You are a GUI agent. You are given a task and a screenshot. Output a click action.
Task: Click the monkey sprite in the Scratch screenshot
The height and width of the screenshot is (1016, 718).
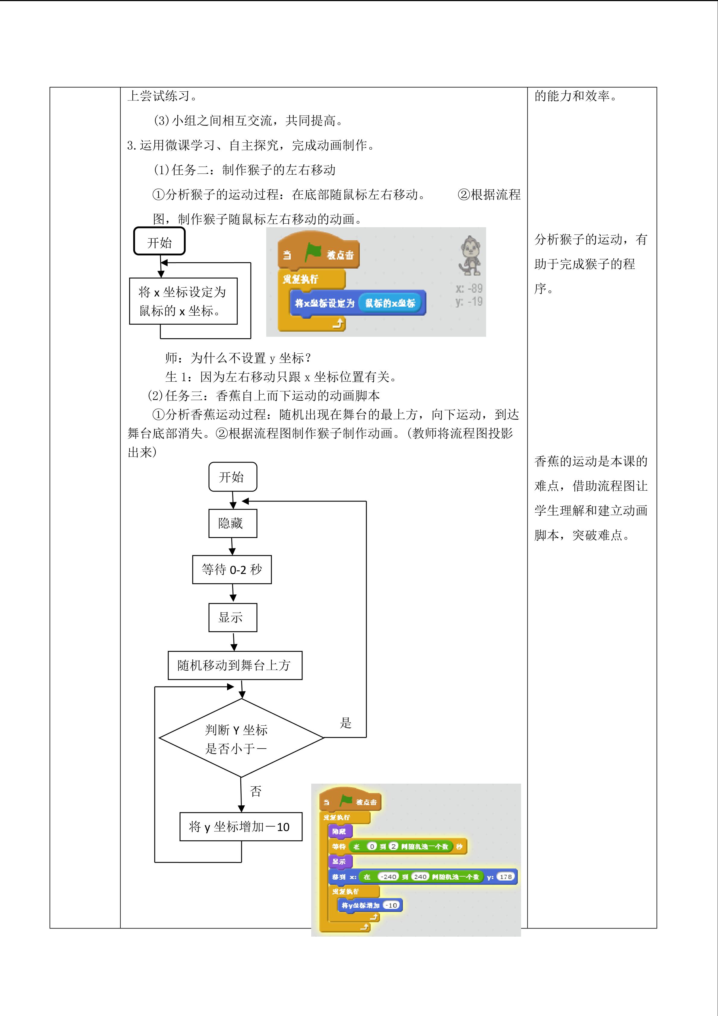tap(470, 255)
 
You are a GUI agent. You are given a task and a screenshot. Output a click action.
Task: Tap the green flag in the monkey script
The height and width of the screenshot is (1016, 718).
tap(313, 253)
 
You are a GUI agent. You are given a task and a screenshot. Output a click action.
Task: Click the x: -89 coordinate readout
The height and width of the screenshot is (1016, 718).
tap(469, 288)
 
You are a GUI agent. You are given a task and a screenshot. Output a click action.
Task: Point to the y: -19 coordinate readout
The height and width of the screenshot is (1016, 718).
tap(469, 302)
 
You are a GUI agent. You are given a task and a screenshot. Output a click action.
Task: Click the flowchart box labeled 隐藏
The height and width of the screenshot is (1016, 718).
tap(232, 524)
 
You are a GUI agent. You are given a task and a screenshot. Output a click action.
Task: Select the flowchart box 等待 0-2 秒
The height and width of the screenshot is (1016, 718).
tap(232, 569)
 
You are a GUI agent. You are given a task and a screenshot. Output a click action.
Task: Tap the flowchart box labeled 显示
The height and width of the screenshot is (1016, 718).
tap(232, 617)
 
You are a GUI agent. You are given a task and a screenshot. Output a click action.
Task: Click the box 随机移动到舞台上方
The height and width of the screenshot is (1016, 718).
tap(235, 665)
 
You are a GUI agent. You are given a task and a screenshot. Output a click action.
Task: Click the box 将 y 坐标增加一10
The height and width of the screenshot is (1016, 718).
tap(241, 826)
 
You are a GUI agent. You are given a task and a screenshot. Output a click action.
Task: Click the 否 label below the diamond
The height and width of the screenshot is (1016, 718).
tap(256, 791)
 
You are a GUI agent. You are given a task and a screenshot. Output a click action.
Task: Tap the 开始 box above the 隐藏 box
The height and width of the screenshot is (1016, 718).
tap(232, 477)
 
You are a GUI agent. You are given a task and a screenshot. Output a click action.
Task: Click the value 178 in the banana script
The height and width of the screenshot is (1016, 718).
tap(506, 877)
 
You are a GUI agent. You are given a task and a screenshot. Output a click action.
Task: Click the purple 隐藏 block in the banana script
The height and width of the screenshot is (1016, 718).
tap(340, 831)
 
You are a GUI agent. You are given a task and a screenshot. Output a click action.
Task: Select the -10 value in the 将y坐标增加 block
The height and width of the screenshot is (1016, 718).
tap(391, 905)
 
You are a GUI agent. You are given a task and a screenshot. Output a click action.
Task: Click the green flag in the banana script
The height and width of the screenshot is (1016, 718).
tap(346, 801)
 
